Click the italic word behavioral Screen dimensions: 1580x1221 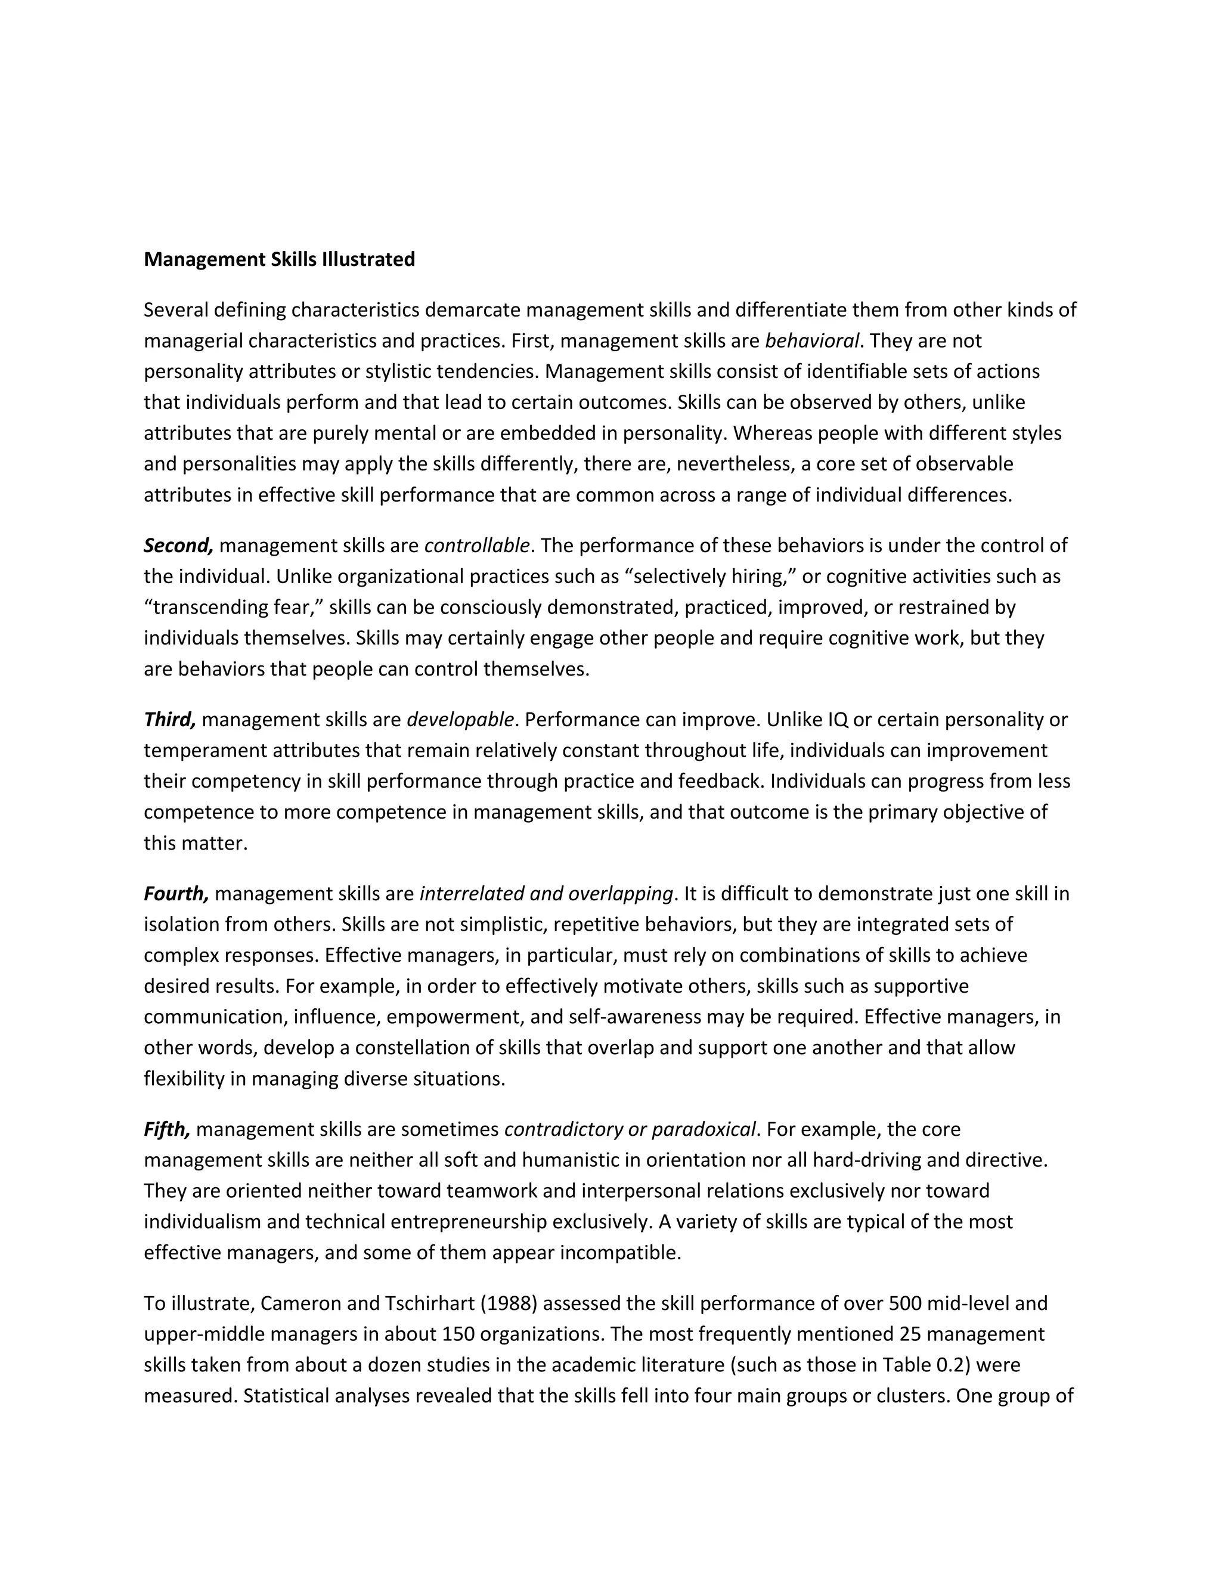(x=811, y=340)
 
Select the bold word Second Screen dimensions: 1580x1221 (x=178, y=546)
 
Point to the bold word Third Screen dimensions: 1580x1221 (x=169, y=720)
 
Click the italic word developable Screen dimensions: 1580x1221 (x=460, y=720)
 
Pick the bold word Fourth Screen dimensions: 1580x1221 (x=176, y=894)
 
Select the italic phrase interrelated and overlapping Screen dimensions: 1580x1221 (x=546, y=894)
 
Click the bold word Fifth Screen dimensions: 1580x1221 (x=166, y=1129)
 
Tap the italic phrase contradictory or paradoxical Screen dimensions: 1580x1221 (x=630, y=1129)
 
